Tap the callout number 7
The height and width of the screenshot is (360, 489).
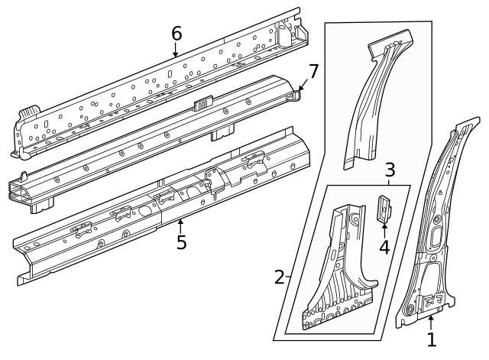point(312,72)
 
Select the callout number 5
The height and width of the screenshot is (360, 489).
point(181,242)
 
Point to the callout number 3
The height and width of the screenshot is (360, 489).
point(389,169)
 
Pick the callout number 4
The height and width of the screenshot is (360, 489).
point(384,247)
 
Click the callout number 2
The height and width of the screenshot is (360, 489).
point(280,277)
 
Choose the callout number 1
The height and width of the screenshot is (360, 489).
point(432,339)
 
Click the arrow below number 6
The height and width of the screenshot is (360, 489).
point(176,51)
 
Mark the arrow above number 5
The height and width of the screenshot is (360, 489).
point(181,224)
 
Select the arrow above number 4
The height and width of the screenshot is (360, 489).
point(384,227)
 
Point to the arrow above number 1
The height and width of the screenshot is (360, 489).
point(431,321)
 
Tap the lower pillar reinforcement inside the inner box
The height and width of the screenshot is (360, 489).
point(336,275)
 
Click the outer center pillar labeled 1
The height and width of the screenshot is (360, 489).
point(436,229)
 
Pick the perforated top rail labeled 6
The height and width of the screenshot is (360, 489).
point(153,84)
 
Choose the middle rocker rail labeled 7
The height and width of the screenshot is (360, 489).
point(153,145)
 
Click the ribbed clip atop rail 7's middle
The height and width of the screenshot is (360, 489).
point(204,101)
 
